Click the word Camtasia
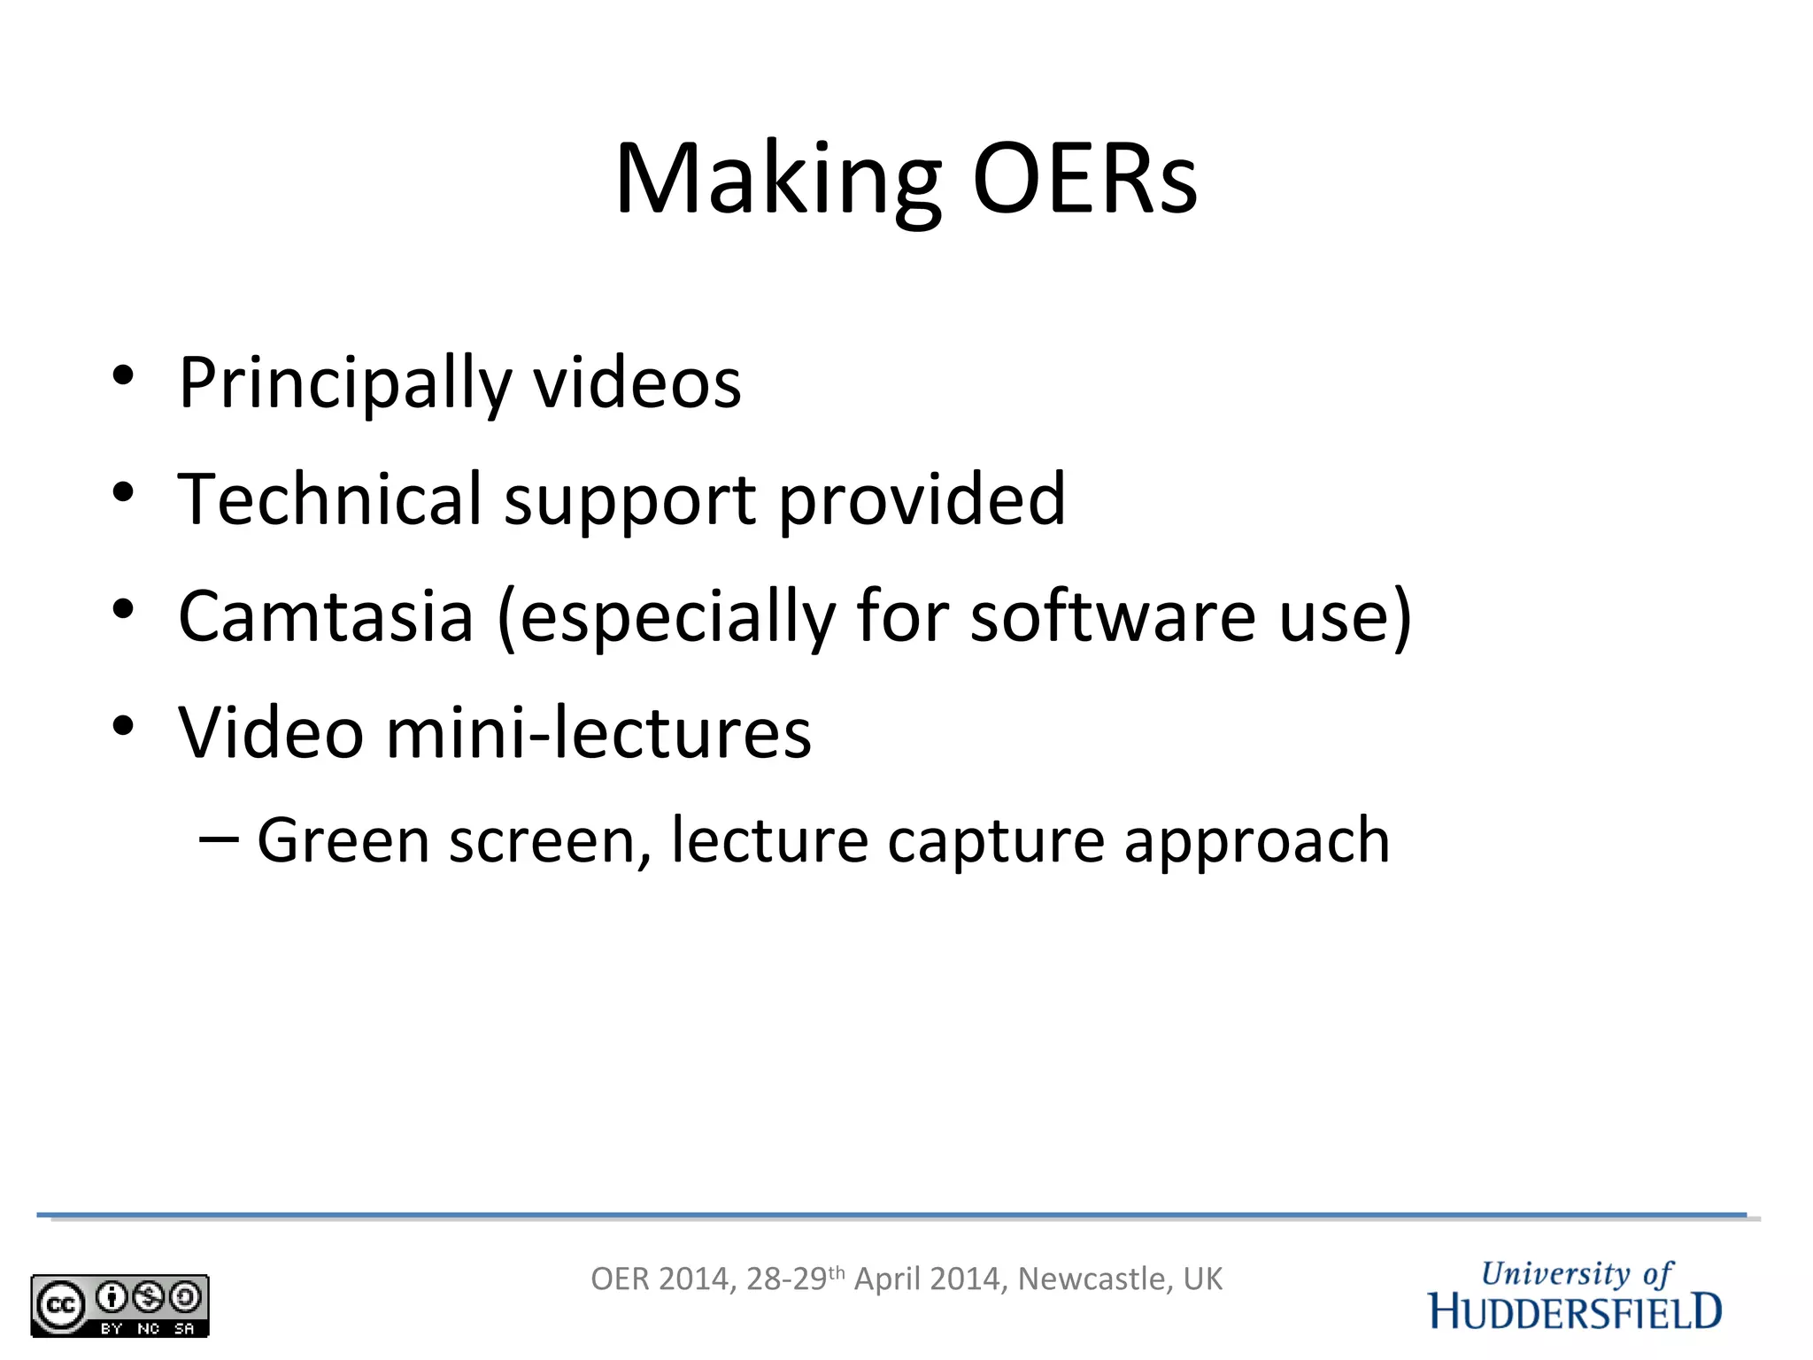pos(326,616)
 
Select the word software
pos(1113,616)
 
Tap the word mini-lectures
pos(598,733)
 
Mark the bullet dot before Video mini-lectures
pos(123,726)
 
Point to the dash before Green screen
pos(219,838)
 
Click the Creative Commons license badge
pos(120,1305)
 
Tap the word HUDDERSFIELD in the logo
pos(1576,1311)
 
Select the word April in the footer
pos(887,1279)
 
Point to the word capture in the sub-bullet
pos(996,842)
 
